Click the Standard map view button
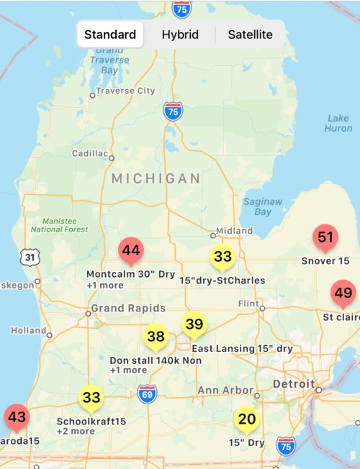tap(110, 35)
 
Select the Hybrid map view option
tap(180, 35)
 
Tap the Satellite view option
tap(250, 35)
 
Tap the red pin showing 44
tap(130, 251)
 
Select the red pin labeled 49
tap(343, 293)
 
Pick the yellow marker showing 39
tap(194, 324)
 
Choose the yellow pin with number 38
tap(156, 337)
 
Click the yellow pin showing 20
tap(247, 419)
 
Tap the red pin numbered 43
tap(17, 417)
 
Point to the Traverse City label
tap(126, 91)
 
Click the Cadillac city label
tap(89, 154)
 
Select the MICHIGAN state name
tap(156, 178)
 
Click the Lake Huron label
tap(338, 123)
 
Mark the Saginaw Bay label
tap(263, 207)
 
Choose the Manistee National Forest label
tap(59, 224)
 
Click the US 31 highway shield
tap(29, 256)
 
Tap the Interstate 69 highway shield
tap(148, 393)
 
